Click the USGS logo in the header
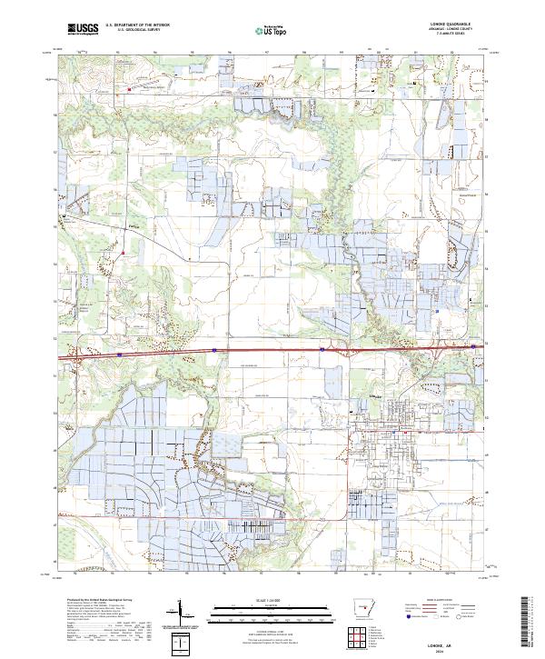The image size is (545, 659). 83,29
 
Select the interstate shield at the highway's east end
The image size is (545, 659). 473,345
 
